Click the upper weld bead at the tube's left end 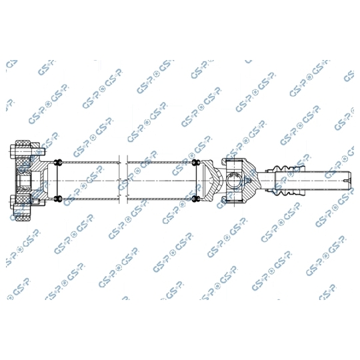59,161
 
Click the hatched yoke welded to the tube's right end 212,180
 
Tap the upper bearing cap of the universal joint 234,162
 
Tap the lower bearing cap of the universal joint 234,197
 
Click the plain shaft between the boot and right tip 327,179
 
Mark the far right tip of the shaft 349,179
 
